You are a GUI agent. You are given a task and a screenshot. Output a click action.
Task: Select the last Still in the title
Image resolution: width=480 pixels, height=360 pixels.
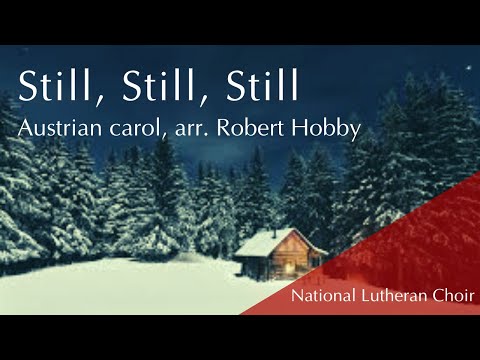[x=250, y=86]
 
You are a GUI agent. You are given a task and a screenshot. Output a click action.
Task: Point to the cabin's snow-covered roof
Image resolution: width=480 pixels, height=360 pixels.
[x=266, y=242]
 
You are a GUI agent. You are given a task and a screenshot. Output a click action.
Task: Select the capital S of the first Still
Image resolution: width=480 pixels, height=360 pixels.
[x=29, y=86]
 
